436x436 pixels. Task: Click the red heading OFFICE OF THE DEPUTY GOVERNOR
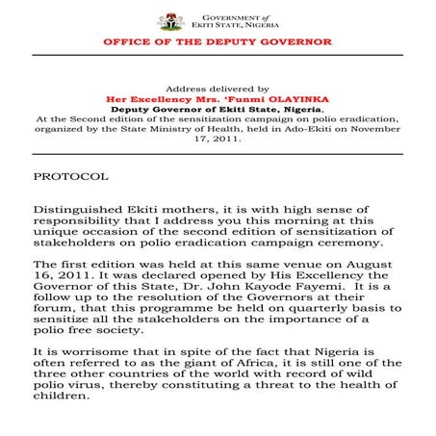218,42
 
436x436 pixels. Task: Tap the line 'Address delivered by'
218,86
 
